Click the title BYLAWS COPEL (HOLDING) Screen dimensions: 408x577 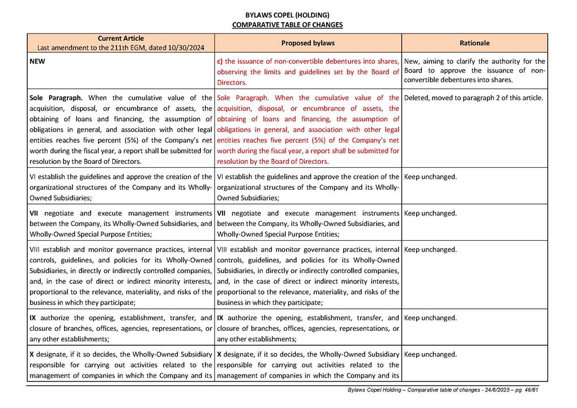pyautogui.click(x=287, y=15)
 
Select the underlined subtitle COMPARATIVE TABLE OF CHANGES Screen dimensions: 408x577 pyautogui.click(x=287, y=25)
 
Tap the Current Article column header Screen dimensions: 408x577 pyautogui.click(x=121, y=38)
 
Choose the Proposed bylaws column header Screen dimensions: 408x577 pyautogui.click(x=308, y=43)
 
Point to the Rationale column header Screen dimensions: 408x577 pyautogui.click(x=475, y=43)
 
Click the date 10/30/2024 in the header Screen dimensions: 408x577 pyautogui.click(x=187, y=48)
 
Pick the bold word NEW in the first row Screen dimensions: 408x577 pyautogui.click(x=37, y=61)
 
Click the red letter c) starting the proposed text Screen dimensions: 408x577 pyautogui.click(x=220, y=61)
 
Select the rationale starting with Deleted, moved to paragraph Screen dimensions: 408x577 pyautogui.click(x=473, y=97)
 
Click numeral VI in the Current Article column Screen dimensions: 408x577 pyautogui.click(x=33, y=177)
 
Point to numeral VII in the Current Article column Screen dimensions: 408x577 pyautogui.click(x=35, y=213)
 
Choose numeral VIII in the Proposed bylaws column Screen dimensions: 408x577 pyautogui.click(x=223, y=249)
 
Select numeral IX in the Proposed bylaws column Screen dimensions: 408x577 pyautogui.click(x=221, y=318)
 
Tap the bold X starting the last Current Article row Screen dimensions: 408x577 pyautogui.click(x=32, y=354)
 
